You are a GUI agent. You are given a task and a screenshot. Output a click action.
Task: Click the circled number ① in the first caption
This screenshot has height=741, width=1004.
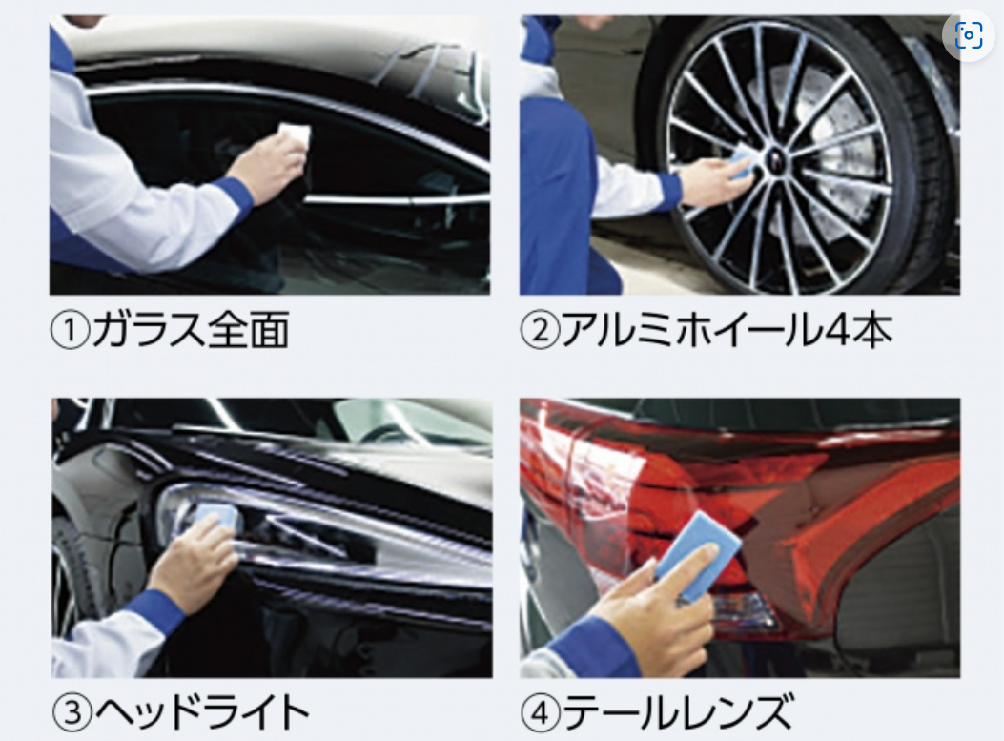tap(70, 331)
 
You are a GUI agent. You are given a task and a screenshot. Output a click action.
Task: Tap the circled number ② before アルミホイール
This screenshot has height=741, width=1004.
tap(539, 331)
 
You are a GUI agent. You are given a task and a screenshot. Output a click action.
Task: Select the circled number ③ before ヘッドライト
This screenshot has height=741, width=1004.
tap(72, 712)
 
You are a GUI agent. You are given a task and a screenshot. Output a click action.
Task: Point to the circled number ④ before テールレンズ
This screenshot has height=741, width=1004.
tap(541, 712)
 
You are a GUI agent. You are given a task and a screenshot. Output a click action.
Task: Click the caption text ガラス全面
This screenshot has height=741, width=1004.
tap(190, 331)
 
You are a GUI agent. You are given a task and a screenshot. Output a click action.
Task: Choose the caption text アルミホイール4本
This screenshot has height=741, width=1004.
tap(727, 331)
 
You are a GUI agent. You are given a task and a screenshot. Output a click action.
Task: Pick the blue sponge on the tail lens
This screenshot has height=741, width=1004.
tap(698, 556)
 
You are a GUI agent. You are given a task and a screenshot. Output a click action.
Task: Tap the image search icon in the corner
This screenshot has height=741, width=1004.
tap(968, 34)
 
